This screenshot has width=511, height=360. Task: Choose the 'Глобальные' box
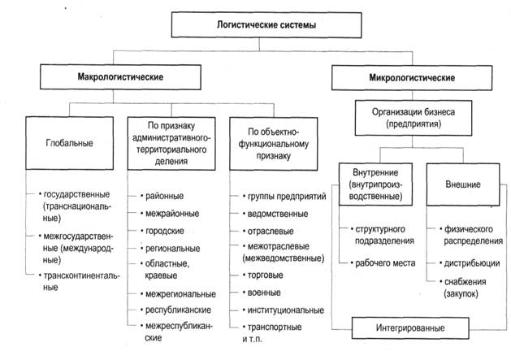coord(69,143)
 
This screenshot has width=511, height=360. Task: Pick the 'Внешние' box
coord(463,184)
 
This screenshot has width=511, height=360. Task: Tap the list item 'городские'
coord(166,230)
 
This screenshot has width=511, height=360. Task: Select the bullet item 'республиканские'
coord(179,310)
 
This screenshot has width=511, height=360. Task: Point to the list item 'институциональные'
coord(283,310)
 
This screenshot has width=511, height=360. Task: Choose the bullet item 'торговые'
coord(266,275)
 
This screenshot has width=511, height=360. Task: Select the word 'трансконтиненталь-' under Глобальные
coord(80,276)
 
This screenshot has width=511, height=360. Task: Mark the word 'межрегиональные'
coord(181,293)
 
